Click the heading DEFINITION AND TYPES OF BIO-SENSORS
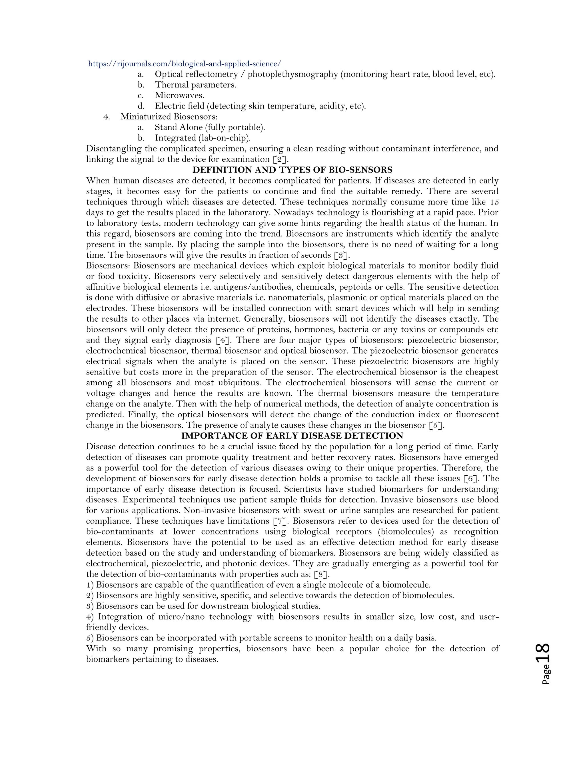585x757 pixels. click(x=292, y=170)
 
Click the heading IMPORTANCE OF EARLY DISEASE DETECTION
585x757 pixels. click(x=292, y=436)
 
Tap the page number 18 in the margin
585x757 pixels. click(x=542, y=653)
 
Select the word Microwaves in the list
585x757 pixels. click(x=179, y=95)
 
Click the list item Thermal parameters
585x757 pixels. click(x=195, y=85)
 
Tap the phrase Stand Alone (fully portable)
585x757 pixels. click(x=210, y=127)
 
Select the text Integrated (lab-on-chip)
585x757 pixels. click(x=203, y=138)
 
